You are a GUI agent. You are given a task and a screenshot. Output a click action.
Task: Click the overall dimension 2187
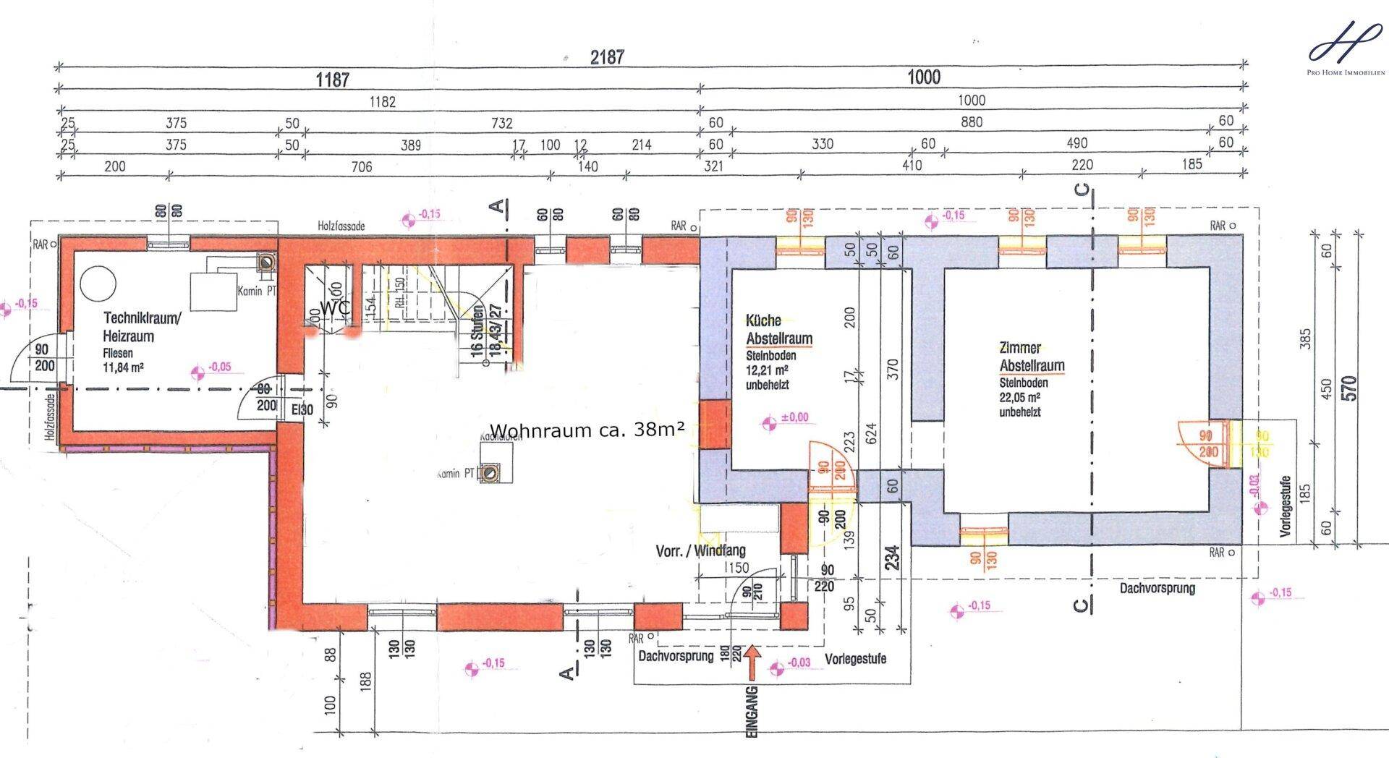[606, 57]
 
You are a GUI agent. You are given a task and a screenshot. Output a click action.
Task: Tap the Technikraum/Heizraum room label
[142, 327]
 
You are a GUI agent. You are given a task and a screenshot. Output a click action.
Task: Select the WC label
[336, 307]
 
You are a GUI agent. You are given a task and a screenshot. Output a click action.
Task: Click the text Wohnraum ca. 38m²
[587, 430]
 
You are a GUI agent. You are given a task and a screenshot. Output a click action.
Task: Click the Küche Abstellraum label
[778, 330]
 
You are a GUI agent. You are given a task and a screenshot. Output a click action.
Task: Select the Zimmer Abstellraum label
[1032, 357]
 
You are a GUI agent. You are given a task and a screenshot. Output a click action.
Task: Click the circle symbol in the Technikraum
[98, 284]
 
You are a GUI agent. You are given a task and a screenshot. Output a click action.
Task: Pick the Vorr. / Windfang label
[700, 550]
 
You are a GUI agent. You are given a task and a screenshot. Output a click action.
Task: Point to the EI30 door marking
[302, 410]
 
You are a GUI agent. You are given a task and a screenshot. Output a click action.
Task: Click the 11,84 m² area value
[122, 367]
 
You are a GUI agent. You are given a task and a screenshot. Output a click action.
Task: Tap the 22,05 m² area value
[1019, 397]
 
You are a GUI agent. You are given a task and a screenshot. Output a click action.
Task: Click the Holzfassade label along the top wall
[341, 226]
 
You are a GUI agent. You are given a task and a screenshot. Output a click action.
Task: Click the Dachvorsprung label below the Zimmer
[1157, 588]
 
